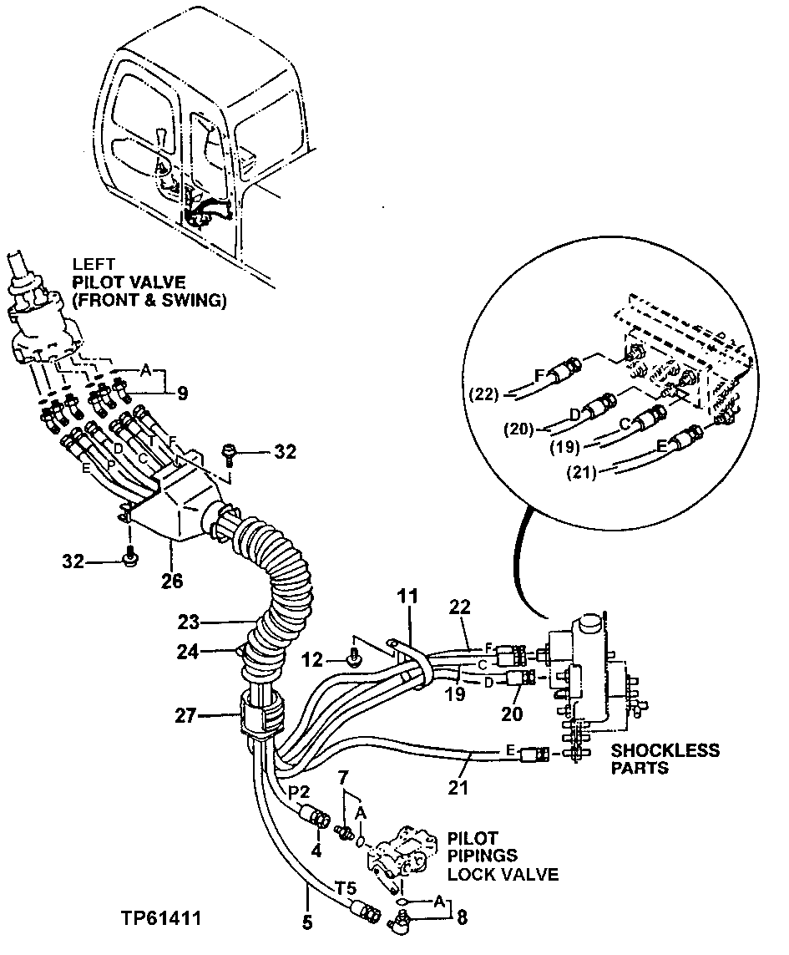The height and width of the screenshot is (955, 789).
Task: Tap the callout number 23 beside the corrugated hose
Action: coord(189,621)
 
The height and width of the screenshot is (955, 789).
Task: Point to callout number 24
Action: coord(189,653)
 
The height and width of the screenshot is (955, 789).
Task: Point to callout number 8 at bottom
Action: coord(462,919)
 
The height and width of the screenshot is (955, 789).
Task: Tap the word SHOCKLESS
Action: coord(665,750)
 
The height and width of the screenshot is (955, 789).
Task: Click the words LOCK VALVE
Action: coord(502,874)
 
